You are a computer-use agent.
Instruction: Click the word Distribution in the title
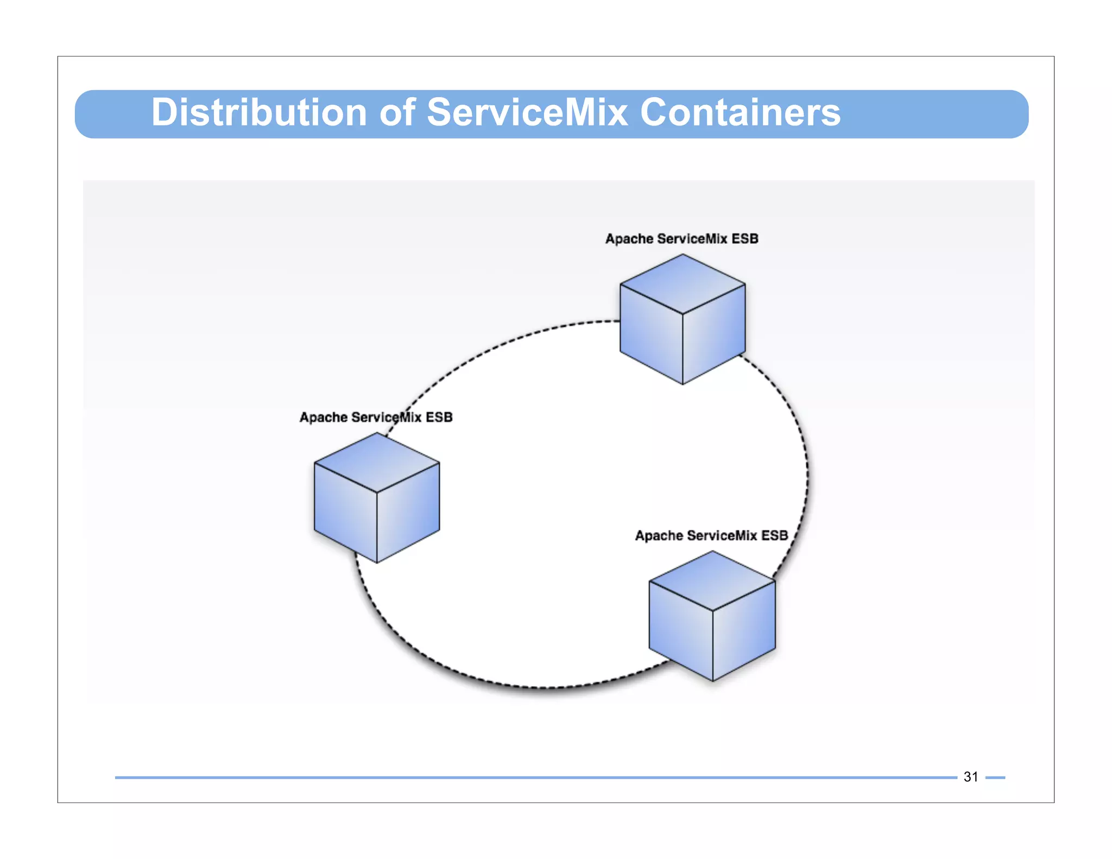pyautogui.click(x=258, y=113)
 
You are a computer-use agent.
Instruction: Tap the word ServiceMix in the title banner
pyautogui.click(x=527, y=113)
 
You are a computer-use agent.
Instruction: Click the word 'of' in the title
pyautogui.click(x=397, y=113)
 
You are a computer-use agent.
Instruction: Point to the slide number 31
pyautogui.click(x=970, y=777)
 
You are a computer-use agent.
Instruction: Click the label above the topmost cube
pyautogui.click(x=681, y=239)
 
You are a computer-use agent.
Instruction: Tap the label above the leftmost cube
pyautogui.click(x=376, y=418)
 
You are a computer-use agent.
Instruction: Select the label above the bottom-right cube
pyautogui.click(x=711, y=536)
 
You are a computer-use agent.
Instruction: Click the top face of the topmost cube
pyautogui.click(x=683, y=283)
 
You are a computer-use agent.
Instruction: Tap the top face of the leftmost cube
pyautogui.click(x=377, y=462)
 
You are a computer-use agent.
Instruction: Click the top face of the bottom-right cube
pyautogui.click(x=712, y=580)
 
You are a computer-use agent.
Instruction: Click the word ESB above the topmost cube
pyautogui.click(x=744, y=239)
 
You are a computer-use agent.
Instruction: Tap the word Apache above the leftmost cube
pyautogui.click(x=324, y=418)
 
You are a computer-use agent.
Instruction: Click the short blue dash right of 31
pyautogui.click(x=995, y=778)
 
